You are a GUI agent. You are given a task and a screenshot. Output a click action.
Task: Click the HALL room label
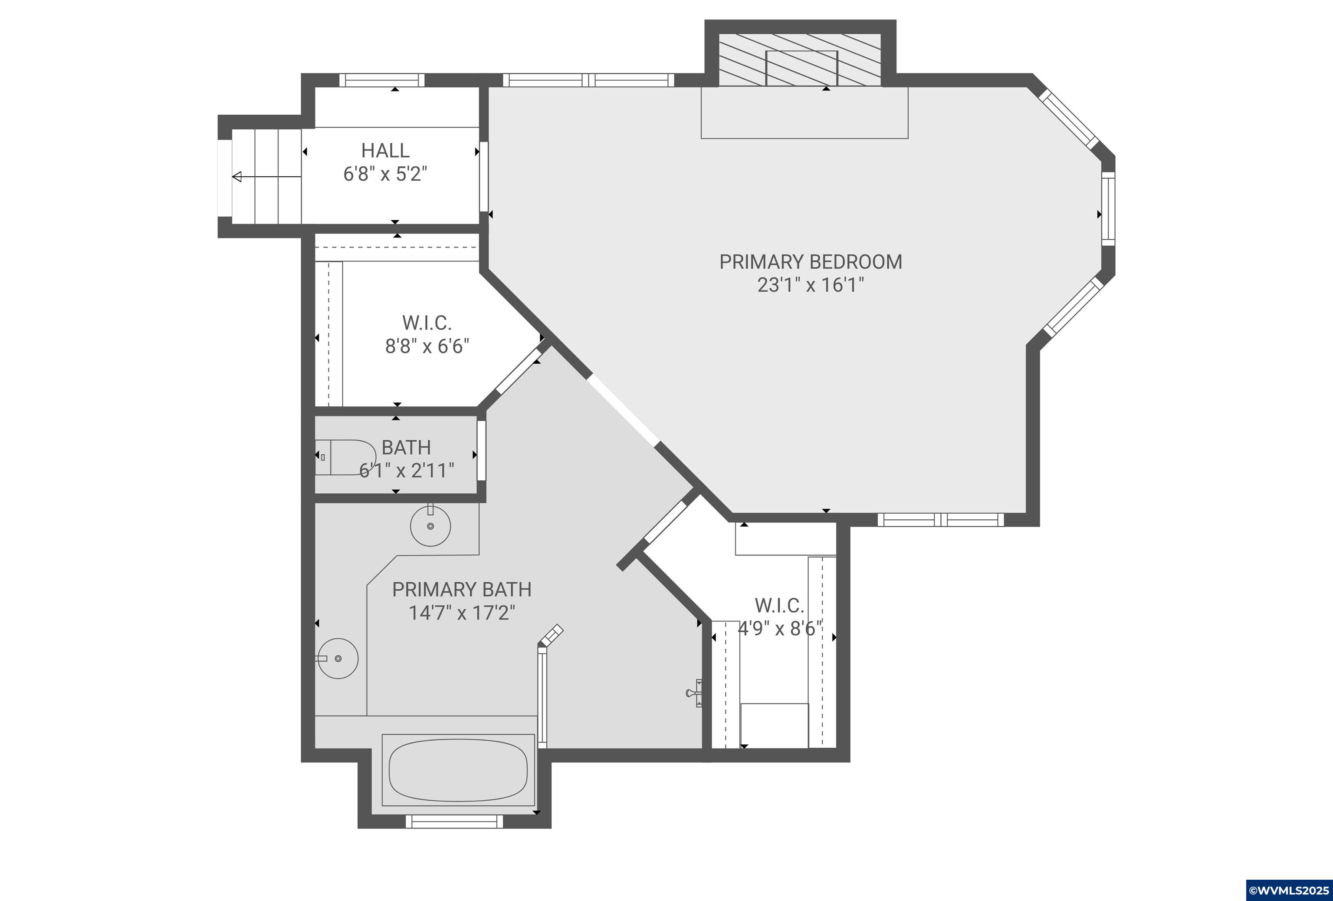point(385,150)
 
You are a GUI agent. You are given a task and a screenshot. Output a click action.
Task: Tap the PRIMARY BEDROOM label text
point(811,262)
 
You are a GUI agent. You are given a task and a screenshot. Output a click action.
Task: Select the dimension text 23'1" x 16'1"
point(811,285)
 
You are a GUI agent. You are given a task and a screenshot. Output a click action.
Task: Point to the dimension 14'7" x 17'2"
point(462,613)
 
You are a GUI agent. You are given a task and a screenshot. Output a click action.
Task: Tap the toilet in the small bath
point(345,457)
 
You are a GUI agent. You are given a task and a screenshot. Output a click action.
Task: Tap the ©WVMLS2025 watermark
point(1289,890)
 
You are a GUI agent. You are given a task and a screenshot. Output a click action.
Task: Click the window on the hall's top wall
point(381,80)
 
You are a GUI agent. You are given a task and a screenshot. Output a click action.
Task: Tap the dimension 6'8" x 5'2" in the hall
point(385,173)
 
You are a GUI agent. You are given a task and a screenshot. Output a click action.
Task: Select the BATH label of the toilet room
point(406,447)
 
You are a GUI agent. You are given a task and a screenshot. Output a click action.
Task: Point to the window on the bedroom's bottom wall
point(941,520)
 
